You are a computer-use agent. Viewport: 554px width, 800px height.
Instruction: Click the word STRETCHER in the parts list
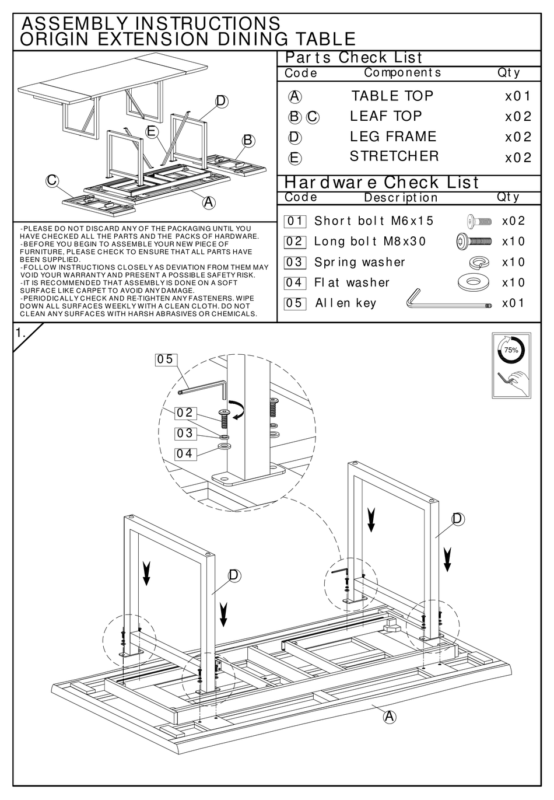tap(394, 156)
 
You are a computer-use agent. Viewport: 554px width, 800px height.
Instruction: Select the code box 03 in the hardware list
tap(294, 262)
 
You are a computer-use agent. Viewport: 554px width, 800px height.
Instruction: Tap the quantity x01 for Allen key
tap(513, 303)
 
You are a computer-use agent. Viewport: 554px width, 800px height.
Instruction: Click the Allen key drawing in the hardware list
tap(446, 299)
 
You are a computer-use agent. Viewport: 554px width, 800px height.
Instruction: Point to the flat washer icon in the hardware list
tap(475, 282)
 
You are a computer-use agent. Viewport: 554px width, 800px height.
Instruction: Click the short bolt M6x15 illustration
tap(479, 221)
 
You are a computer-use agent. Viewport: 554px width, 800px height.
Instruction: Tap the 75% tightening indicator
tap(511, 350)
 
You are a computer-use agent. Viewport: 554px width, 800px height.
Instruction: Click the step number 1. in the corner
tap(21, 333)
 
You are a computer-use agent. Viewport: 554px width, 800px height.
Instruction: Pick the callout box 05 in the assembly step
tap(166, 359)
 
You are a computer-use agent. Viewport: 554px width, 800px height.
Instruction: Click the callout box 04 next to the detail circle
tap(185, 453)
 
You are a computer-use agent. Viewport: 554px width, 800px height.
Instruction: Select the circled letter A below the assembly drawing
tap(389, 717)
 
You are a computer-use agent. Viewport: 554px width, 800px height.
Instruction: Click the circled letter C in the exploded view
tap(52, 180)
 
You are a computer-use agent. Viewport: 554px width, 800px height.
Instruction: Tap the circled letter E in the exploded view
tap(152, 131)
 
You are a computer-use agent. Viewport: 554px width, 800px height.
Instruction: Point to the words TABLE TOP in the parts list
tap(392, 96)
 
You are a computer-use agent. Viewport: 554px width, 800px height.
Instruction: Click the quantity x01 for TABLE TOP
tap(518, 96)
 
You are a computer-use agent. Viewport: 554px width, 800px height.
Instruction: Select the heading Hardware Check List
tap(381, 183)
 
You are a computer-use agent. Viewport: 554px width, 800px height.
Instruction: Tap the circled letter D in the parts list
tap(294, 137)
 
